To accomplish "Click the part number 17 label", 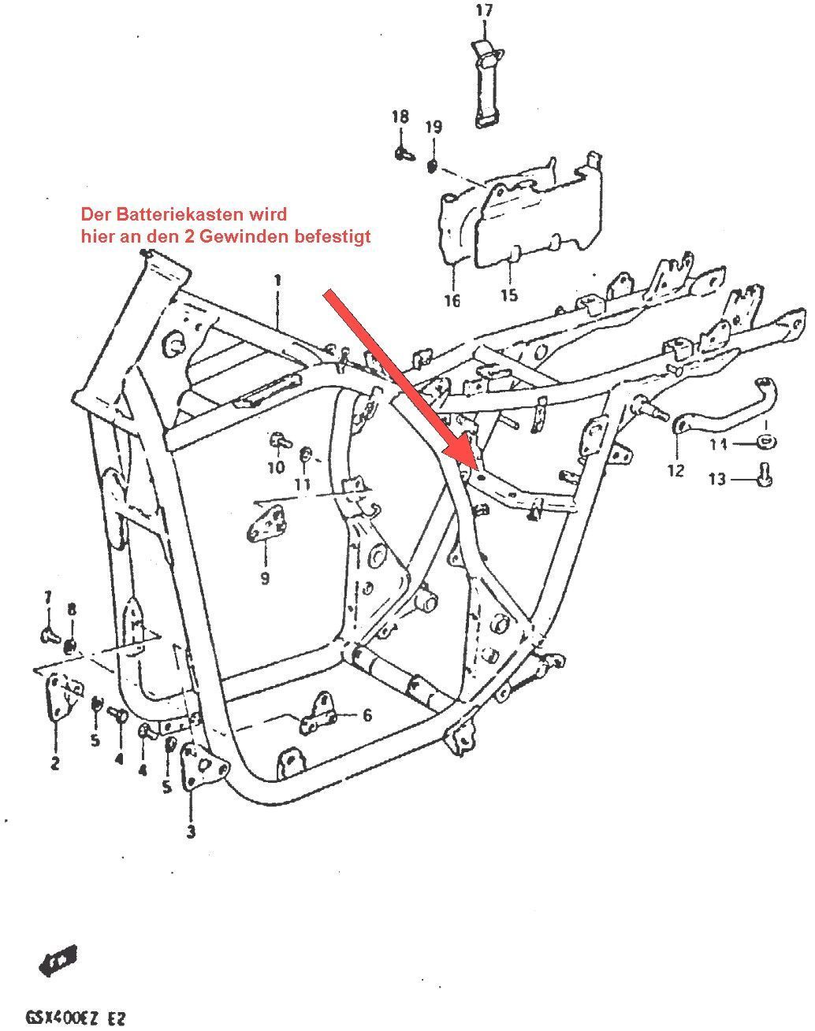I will [484, 10].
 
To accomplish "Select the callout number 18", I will [400, 117].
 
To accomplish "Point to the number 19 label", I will [434, 127].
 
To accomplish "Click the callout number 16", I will [452, 301].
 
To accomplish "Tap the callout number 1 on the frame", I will [277, 280].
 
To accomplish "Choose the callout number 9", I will [265, 578].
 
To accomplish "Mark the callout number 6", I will [367, 715].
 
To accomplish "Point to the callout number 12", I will [675, 471].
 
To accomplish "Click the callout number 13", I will [716, 479].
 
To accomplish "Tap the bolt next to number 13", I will [762, 475].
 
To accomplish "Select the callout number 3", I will [192, 831].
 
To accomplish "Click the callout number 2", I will [55, 763].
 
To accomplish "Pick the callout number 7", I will [47, 596].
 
